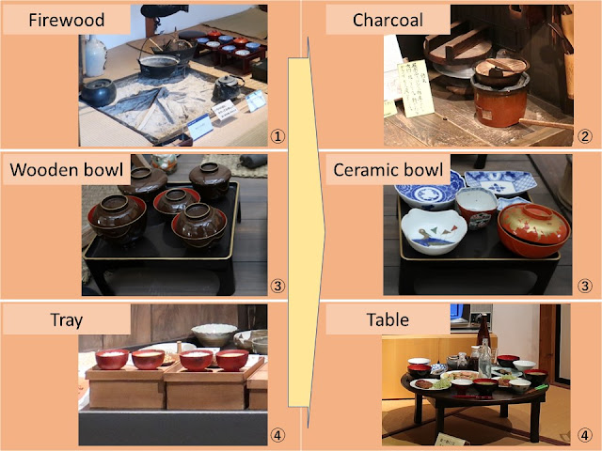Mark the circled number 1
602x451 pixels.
click(276, 135)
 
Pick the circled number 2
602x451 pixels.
click(584, 135)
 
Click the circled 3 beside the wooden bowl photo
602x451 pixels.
click(276, 286)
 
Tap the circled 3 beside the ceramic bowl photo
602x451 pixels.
click(584, 286)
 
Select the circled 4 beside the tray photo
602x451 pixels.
click(276, 434)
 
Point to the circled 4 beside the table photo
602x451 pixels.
click(584, 434)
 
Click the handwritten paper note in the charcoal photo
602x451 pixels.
click(413, 88)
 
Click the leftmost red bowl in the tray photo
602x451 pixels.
click(112, 358)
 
